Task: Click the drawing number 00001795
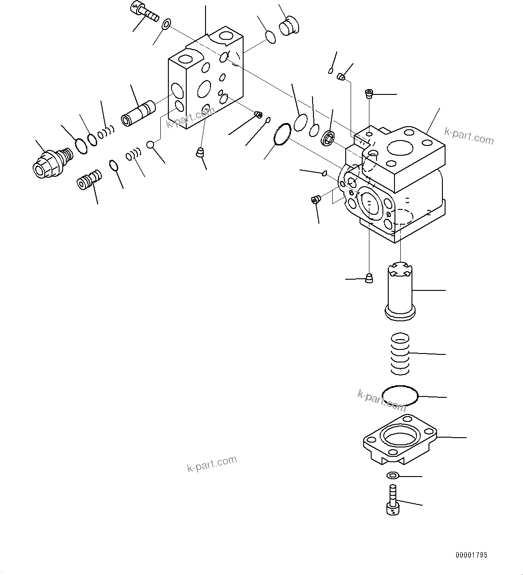[471, 555]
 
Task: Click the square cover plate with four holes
[399, 439]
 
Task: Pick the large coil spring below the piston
[400, 354]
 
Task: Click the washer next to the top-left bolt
[166, 23]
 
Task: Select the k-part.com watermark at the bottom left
[211, 464]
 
